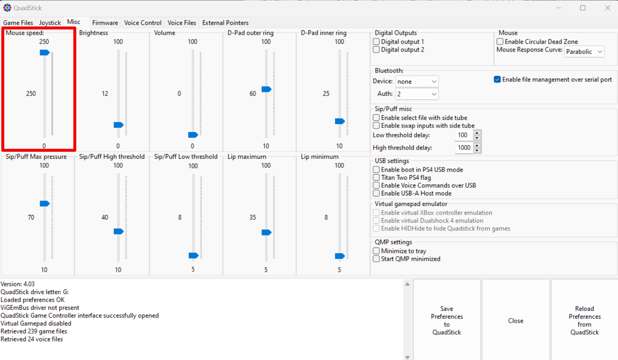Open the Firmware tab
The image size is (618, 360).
[105, 23]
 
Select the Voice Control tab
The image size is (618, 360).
[143, 23]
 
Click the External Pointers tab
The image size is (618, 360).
[225, 23]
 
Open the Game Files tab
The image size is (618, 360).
[18, 23]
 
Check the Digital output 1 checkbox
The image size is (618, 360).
[376, 42]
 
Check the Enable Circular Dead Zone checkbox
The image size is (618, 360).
[500, 42]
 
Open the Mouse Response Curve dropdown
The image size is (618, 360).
[584, 52]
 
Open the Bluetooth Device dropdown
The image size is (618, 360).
[417, 81]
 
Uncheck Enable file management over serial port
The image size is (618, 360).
[497, 80]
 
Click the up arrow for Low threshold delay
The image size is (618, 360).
[477, 132]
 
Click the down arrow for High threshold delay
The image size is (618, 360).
[477, 151]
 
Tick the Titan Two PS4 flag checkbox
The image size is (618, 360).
[376, 178]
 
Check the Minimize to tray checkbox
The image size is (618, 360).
[376, 251]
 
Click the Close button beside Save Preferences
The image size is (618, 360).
[516, 321]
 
